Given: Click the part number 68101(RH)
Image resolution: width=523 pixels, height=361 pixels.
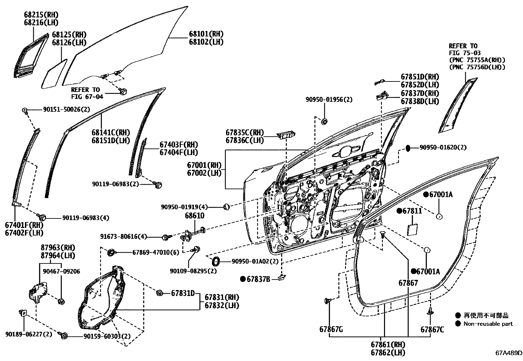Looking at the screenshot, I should point(206,34).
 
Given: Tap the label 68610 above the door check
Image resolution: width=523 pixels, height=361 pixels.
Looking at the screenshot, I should point(194,216).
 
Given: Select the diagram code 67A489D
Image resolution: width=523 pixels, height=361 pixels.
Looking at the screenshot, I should point(509,353).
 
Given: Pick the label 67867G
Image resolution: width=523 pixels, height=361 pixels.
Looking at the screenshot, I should point(331,329).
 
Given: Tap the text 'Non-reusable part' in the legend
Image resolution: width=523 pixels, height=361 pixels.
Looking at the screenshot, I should point(488,324).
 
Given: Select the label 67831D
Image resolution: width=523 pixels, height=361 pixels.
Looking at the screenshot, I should point(183,293).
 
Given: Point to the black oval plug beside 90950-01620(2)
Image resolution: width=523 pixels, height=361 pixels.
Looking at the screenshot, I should point(408,148).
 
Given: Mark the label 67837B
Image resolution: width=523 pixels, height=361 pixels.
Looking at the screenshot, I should point(258,279).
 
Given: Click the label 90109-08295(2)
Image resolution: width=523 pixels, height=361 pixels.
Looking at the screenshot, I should point(193,271).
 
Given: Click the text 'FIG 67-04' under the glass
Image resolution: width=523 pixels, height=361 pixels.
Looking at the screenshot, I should point(87,97).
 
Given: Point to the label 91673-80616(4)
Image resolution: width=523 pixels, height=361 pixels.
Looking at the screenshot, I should point(124,237).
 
